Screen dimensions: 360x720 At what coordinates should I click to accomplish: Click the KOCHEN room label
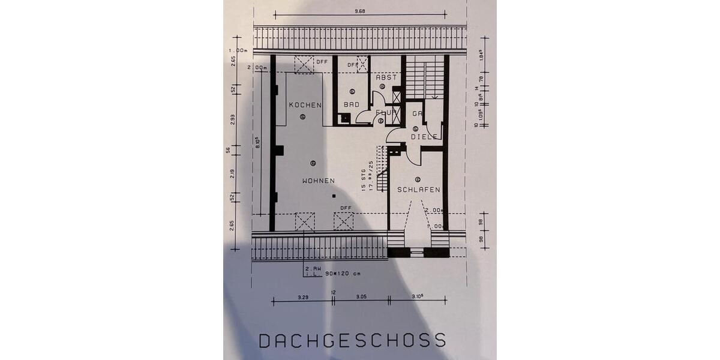(x=305, y=105)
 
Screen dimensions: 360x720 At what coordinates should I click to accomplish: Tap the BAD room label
(x=351, y=104)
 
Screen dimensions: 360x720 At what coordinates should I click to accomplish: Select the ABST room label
(x=386, y=77)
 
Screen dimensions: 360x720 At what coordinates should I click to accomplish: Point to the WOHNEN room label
(x=318, y=181)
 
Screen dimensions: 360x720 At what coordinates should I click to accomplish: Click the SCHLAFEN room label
(x=419, y=190)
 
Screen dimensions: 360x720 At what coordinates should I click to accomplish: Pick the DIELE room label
(x=424, y=137)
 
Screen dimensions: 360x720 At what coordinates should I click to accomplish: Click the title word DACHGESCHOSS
(x=352, y=340)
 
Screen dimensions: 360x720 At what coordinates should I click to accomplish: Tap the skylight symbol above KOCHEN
(x=304, y=64)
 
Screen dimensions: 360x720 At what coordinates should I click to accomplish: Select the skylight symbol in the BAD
(x=362, y=63)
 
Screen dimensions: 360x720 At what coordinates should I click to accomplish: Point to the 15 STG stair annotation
(x=364, y=179)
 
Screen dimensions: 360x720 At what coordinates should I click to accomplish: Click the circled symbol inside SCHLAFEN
(x=417, y=178)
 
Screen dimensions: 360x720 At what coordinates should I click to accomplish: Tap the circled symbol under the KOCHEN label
(x=303, y=116)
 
